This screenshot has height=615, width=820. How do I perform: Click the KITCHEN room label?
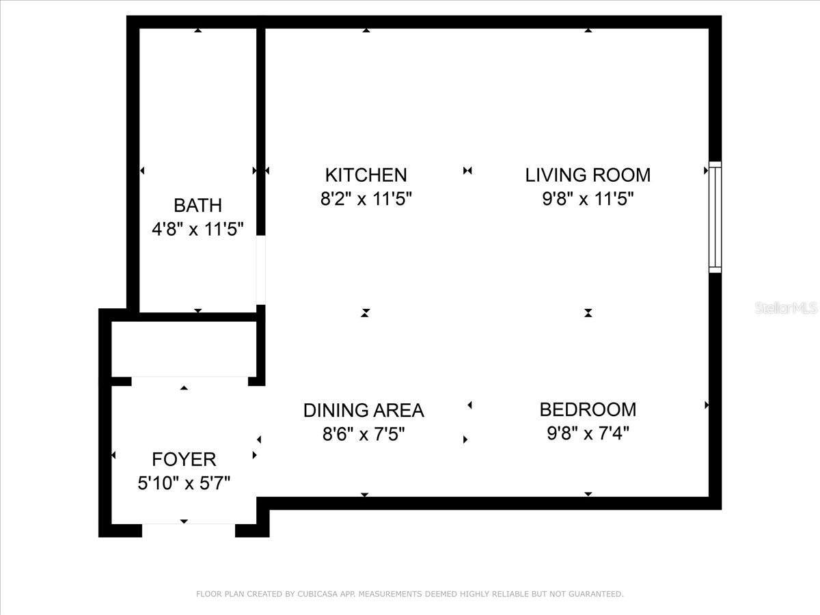click(x=366, y=175)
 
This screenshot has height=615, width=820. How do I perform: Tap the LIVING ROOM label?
click(x=588, y=175)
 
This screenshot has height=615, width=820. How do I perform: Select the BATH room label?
click(x=197, y=205)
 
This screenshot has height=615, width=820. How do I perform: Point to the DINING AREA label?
click(x=364, y=410)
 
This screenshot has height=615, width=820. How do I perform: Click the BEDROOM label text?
click(x=588, y=409)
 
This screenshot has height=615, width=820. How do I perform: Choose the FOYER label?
click(x=184, y=459)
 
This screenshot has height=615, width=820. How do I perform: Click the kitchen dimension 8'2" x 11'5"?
click(x=366, y=199)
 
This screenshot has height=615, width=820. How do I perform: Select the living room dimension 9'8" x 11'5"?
click(x=588, y=199)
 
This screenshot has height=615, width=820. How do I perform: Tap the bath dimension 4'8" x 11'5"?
click(x=197, y=228)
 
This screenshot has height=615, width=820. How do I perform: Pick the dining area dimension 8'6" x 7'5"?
click(x=364, y=434)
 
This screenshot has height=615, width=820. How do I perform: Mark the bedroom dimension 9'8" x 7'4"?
click(x=588, y=433)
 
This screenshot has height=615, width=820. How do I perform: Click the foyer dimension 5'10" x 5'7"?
click(x=184, y=483)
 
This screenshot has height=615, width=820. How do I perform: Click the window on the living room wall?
click(x=715, y=217)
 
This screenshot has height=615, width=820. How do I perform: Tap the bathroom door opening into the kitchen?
click(x=260, y=270)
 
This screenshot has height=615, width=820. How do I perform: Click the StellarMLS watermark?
click(x=786, y=308)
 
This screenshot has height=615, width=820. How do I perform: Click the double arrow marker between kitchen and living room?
click(x=467, y=171)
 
